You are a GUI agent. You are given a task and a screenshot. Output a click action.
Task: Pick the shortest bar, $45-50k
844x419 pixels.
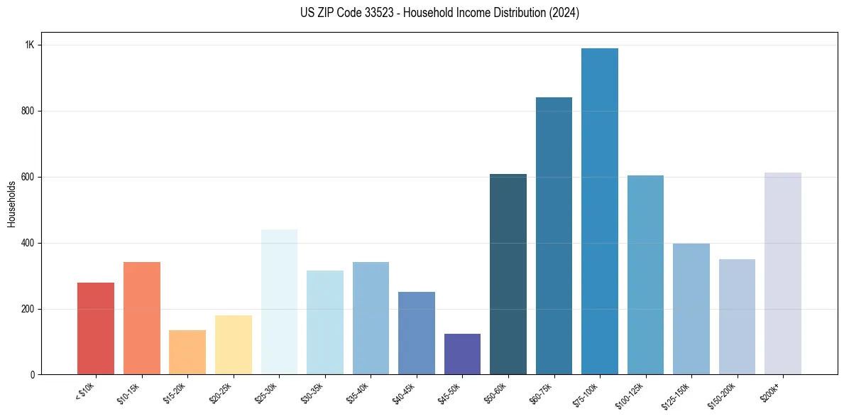pyautogui.click(x=462, y=354)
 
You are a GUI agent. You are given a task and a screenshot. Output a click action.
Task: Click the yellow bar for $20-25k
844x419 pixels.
pyautogui.click(x=233, y=344)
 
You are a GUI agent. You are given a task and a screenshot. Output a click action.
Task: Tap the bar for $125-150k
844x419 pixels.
pyautogui.click(x=691, y=309)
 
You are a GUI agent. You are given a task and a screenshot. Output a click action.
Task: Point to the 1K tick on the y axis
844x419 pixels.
pyautogui.click(x=30, y=45)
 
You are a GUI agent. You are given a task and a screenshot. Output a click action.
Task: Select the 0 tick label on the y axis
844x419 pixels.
pyautogui.click(x=32, y=374)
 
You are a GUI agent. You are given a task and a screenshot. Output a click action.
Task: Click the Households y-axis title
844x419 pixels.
pyautogui.click(x=12, y=203)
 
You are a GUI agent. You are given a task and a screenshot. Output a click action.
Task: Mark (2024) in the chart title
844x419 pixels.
pyautogui.click(x=564, y=13)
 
